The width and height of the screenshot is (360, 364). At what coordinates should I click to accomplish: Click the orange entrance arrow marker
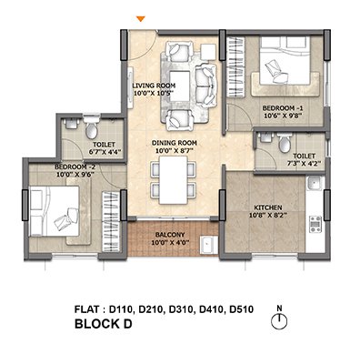(x=141, y=19)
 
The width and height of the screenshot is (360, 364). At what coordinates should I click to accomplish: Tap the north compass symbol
(x=279, y=321)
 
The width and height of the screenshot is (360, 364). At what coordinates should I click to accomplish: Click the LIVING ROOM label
(x=154, y=86)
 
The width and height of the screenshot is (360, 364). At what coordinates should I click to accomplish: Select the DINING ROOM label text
(x=175, y=143)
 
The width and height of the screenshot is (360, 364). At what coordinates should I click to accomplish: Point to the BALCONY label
(x=170, y=235)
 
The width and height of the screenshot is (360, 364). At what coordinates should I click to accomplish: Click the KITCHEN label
(x=268, y=207)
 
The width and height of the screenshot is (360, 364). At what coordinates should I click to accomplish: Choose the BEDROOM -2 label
(x=75, y=167)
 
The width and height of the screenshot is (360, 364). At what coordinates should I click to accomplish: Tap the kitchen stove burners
(x=315, y=224)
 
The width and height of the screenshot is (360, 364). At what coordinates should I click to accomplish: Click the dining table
(x=174, y=180)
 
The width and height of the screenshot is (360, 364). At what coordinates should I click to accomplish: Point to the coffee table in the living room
(x=180, y=86)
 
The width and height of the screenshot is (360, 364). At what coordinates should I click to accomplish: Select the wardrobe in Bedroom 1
(x=235, y=66)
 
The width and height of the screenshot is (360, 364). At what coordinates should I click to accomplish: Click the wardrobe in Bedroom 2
(x=111, y=221)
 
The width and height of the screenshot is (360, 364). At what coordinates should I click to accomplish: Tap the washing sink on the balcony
(x=208, y=245)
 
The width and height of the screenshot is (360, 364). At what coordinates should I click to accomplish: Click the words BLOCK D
(x=104, y=324)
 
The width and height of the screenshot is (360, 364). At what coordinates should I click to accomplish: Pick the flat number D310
(x=181, y=309)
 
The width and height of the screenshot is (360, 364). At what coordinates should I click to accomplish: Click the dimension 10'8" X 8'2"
(x=268, y=215)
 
